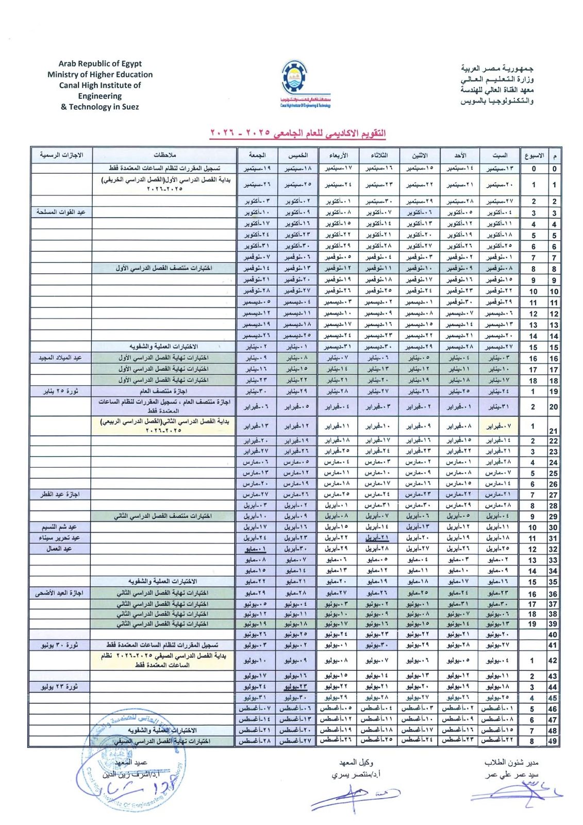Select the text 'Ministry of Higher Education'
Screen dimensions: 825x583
click(100, 74)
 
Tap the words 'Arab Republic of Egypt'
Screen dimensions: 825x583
click(100, 63)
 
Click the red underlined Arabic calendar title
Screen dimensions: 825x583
click(298, 133)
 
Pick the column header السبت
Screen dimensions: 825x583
click(499, 155)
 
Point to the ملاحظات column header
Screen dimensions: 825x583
click(165, 155)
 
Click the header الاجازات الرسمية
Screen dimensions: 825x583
click(62, 155)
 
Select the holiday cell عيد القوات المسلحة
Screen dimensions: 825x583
click(61, 212)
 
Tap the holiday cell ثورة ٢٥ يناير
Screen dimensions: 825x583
click(61, 391)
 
